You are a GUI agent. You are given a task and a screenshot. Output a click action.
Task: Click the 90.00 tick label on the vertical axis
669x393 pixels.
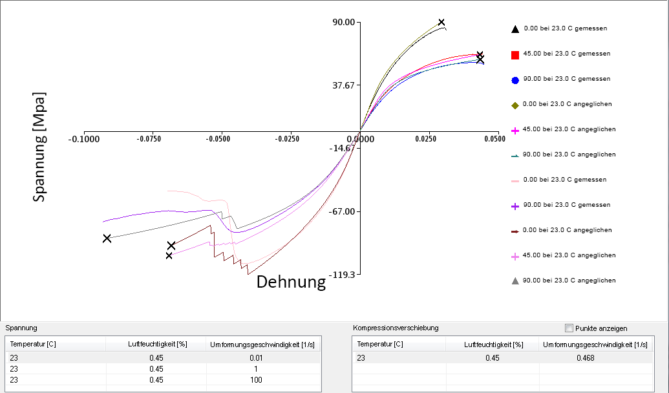click(344, 22)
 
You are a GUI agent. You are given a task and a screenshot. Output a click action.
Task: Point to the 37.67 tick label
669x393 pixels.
click(344, 85)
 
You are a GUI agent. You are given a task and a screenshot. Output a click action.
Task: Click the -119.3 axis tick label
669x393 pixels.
click(343, 275)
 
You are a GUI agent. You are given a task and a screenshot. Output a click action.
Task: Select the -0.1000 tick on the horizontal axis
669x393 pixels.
click(85, 138)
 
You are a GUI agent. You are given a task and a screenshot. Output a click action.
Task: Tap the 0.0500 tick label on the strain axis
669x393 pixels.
click(494, 138)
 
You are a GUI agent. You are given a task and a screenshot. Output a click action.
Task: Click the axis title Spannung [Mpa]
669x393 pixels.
click(40, 147)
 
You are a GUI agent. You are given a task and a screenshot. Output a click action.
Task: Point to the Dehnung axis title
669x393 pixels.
click(291, 282)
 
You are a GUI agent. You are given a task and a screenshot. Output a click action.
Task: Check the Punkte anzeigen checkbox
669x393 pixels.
click(569, 328)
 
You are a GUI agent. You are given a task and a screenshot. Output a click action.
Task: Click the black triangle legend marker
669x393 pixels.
click(515, 29)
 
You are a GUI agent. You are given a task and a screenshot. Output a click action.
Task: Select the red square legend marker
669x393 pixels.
click(515, 54)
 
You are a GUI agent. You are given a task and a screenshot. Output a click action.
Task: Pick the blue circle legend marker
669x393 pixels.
click(515, 80)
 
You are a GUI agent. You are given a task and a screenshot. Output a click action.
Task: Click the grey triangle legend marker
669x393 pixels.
click(515, 281)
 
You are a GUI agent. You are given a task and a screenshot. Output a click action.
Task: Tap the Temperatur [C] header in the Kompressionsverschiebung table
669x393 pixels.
click(380, 344)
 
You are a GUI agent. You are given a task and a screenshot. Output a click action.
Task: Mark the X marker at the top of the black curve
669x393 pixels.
click(441, 23)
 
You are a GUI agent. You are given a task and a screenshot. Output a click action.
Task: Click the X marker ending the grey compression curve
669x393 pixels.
click(107, 239)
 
